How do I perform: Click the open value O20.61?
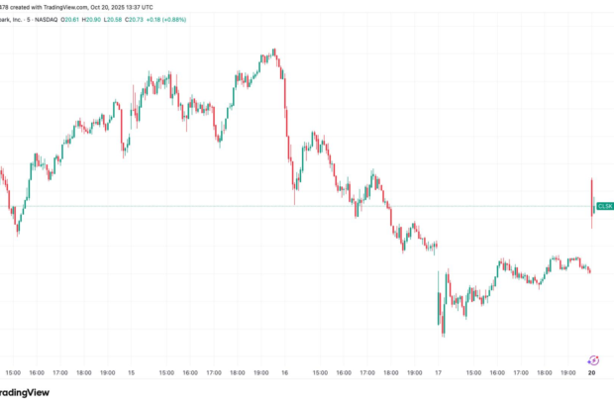click(x=99, y=20)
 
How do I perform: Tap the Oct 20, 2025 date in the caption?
click(x=105, y=6)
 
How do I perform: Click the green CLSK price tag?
click(x=604, y=206)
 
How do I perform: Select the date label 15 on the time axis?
click(x=131, y=373)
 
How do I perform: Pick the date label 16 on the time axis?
click(x=285, y=373)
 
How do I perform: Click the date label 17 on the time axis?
click(x=438, y=373)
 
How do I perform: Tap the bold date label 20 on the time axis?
click(x=592, y=373)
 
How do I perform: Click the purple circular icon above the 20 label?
click(x=592, y=360)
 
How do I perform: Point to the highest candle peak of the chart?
click(x=273, y=49)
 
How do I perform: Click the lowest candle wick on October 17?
click(x=443, y=335)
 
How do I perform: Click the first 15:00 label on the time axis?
click(x=12, y=373)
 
